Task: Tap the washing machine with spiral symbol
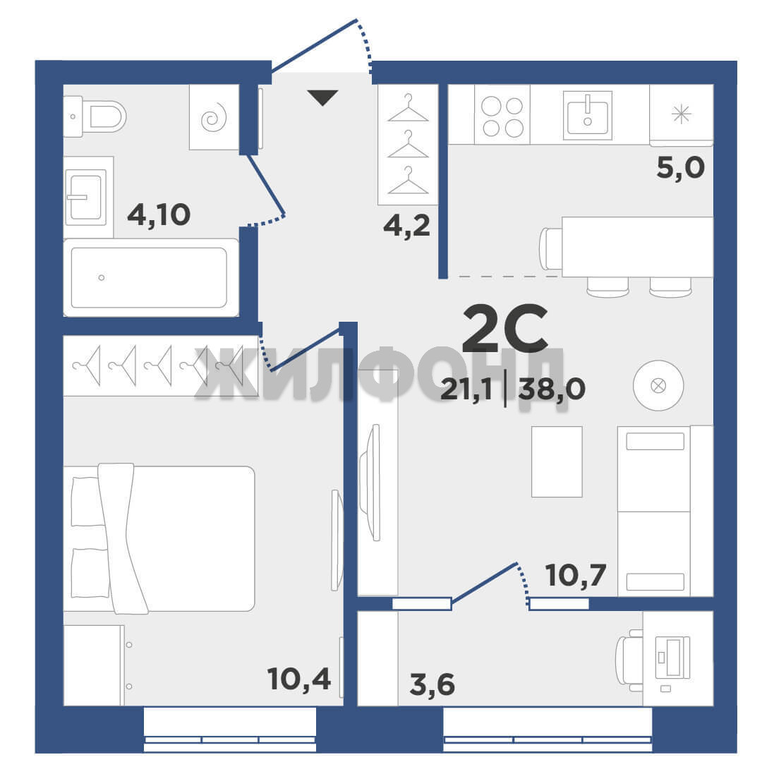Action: point(214,117)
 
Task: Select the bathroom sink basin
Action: point(86,197)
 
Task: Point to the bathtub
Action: point(151,277)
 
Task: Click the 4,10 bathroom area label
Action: point(159,214)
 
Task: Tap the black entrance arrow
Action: point(322,97)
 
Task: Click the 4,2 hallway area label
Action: point(407,226)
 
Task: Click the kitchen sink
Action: point(588,115)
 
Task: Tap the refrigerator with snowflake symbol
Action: point(682,115)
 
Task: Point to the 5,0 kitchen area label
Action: point(680,168)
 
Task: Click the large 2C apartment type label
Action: point(505,328)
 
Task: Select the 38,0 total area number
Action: point(552,389)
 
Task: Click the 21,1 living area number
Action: point(466,389)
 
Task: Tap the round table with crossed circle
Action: point(658,386)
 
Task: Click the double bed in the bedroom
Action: point(159,538)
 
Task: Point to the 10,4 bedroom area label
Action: point(299,679)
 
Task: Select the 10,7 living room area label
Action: point(576,575)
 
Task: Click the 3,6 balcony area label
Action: point(432,684)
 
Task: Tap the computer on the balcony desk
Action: point(672,658)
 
